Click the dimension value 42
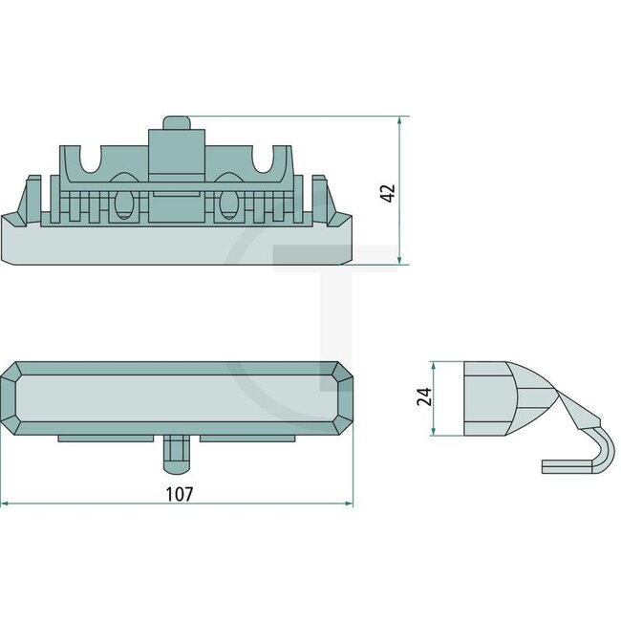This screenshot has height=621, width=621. pos(387,191)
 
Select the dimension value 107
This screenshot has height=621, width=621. pos(180,494)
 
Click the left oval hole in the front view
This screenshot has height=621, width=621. pos(123,204)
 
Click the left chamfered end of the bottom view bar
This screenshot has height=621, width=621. pos(13,396)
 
